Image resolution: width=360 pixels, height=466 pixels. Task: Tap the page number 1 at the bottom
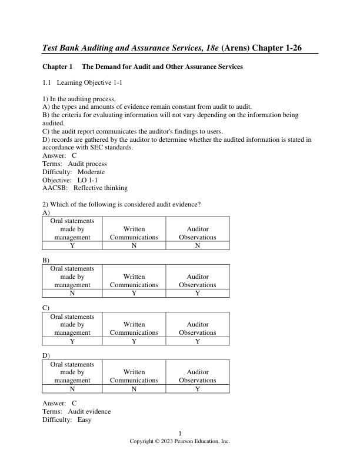tap(180, 433)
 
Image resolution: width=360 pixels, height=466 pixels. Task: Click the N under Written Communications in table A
tap(134, 245)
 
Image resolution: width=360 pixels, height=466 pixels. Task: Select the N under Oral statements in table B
tap(72, 293)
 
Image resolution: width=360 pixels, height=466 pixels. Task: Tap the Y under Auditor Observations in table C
tap(198, 341)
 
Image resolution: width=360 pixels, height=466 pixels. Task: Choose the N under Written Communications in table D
tap(134, 389)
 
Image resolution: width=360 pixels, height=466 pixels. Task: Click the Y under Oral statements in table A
tap(72, 245)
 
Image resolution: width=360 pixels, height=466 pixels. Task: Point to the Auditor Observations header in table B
tap(198, 281)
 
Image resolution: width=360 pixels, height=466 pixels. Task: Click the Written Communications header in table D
tap(134, 376)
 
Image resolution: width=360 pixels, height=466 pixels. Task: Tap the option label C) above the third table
tap(46, 308)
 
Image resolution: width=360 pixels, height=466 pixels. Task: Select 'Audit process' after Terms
tap(88, 164)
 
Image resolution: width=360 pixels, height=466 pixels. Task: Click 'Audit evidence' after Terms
tap(89, 412)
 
